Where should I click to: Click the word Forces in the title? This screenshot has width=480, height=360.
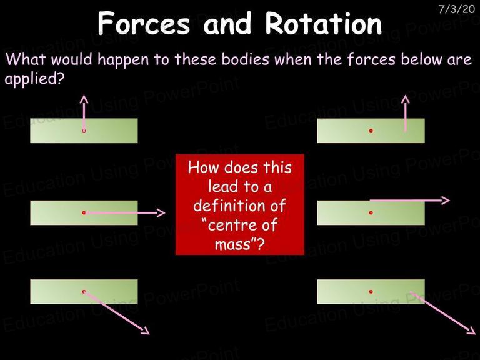click(x=144, y=23)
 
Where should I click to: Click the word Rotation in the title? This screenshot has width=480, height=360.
click(x=323, y=23)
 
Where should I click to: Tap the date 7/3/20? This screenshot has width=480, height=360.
click(x=456, y=9)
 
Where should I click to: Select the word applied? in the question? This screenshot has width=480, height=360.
click(x=34, y=79)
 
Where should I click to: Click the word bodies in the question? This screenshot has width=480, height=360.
click(x=245, y=59)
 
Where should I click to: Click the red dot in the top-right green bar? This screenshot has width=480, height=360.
click(x=371, y=131)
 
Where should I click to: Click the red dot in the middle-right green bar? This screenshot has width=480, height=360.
click(x=371, y=212)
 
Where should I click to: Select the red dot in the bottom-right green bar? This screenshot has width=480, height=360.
click(x=371, y=292)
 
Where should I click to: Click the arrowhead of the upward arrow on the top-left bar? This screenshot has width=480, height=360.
click(x=84, y=99)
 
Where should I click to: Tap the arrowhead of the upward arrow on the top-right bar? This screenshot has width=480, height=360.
click(x=405, y=99)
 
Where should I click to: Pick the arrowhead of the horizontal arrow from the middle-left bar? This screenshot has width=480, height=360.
click(x=161, y=212)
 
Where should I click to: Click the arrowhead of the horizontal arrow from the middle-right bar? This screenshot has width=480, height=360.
click(x=446, y=201)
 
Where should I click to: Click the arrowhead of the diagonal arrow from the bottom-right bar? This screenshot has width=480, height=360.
click(x=472, y=331)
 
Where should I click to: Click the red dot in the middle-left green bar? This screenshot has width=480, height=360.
click(x=84, y=212)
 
